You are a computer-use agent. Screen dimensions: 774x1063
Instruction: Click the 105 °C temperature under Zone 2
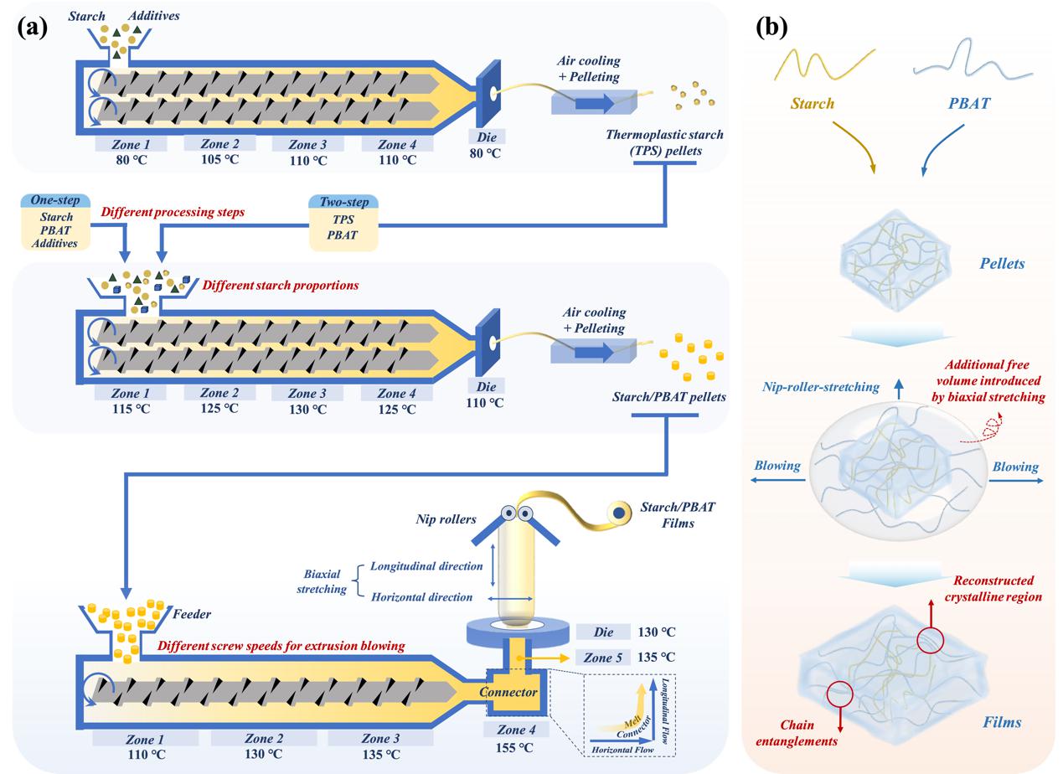219,160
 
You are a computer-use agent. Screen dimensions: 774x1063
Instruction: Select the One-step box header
56,202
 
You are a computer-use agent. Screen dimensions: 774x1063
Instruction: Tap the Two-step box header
344,202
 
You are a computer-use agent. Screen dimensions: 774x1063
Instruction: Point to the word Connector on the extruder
508,692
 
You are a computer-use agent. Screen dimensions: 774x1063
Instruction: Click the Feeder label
193,614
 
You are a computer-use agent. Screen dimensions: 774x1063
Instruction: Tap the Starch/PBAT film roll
620,512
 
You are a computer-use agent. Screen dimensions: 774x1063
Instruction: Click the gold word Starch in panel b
813,105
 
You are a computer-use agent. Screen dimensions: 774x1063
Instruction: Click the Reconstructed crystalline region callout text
993,588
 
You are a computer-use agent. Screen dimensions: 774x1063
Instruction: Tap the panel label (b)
771,27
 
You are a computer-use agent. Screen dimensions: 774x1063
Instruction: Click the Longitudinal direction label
426,566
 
